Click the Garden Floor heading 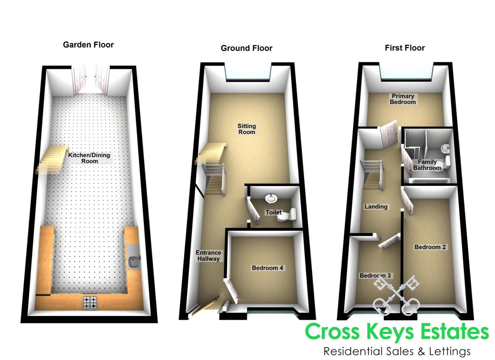88,45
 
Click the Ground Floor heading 247,48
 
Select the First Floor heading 405,48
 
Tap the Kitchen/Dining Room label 89,158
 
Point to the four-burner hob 90,303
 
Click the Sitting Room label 247,129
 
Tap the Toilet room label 274,212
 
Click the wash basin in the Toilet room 271,198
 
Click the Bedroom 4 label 267,268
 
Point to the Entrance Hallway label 208,256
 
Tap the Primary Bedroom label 403,99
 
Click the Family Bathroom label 427,165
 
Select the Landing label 376,207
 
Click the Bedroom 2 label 430,247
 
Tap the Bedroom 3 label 375,276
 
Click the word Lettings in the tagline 450,351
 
